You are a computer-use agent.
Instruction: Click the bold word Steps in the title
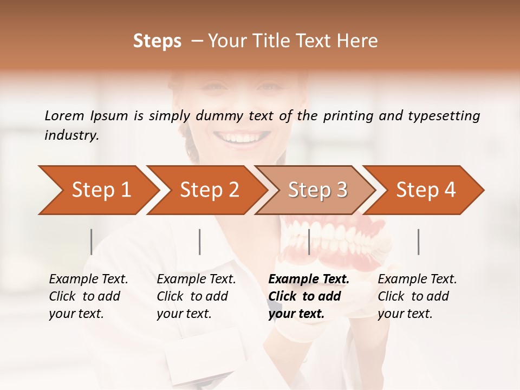click(157, 41)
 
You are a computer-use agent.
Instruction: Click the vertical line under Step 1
click(92, 242)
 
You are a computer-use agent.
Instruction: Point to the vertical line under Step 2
click(200, 242)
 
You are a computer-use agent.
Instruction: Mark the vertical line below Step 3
click(309, 242)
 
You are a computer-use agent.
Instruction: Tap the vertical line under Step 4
click(418, 242)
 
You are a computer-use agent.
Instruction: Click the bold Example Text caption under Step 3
click(309, 296)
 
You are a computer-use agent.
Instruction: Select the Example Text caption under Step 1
click(88, 296)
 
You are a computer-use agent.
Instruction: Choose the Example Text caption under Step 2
click(196, 296)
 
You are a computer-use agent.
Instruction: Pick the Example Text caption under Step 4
click(417, 296)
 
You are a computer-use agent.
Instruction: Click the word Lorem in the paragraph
click(64, 115)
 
